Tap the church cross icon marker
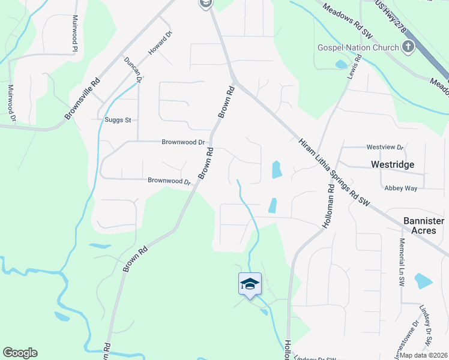point(408,47)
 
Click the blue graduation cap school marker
point(250,284)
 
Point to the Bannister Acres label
point(424,226)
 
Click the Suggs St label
point(118,120)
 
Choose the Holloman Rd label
point(330,205)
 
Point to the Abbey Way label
point(400,188)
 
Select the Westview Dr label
point(385,146)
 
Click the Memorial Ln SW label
point(402,262)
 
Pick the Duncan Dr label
point(131,69)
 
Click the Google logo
point(20,353)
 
